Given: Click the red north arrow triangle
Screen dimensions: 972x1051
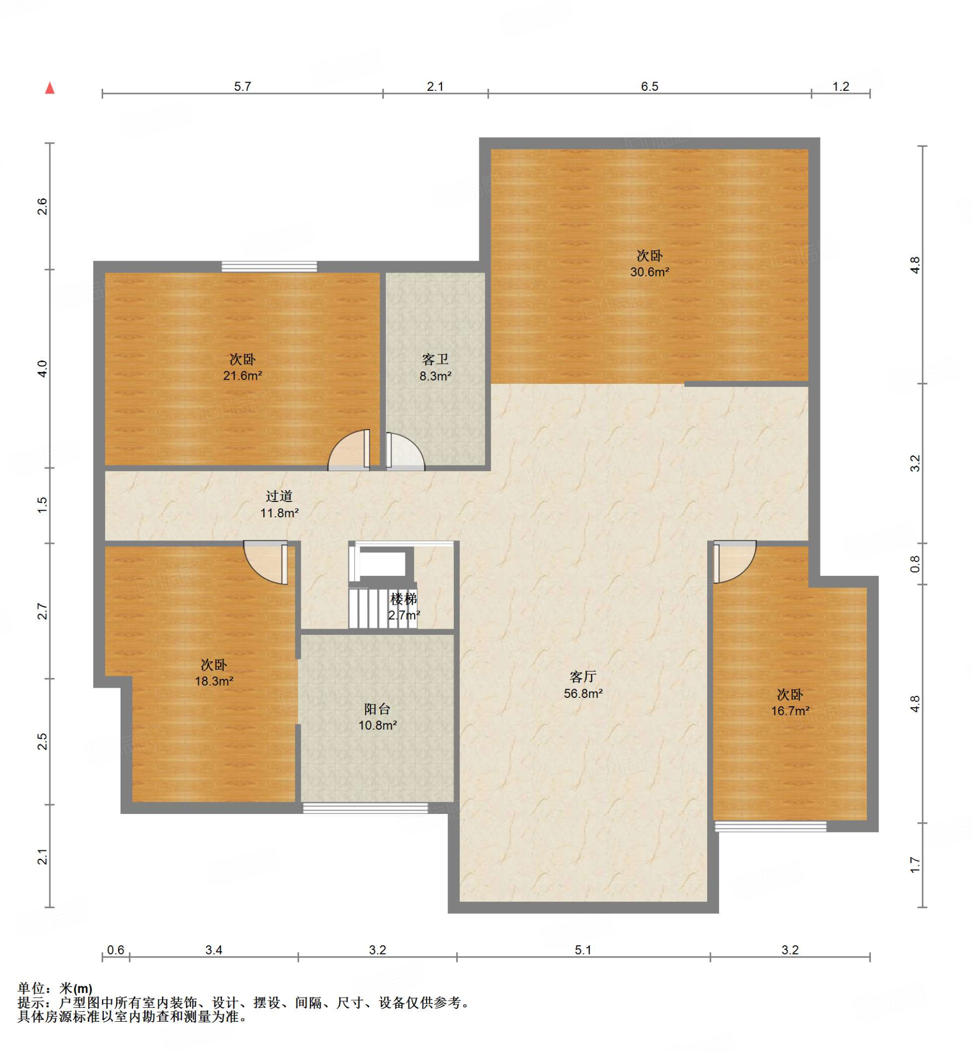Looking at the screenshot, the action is coord(50,88).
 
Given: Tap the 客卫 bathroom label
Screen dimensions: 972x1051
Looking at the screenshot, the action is coord(435,359).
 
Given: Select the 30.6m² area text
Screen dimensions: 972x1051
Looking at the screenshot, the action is coord(650,272).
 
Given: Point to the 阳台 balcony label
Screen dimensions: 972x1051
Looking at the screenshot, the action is coord(377,709).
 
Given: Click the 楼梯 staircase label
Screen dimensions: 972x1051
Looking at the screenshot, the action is coord(403,598).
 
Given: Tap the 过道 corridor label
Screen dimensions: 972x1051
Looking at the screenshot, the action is coord(279,496).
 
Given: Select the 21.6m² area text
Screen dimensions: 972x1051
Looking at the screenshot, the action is coord(242,376).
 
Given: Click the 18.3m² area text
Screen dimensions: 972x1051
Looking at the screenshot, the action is coord(214,681).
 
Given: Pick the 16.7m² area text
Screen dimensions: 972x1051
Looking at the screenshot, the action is coord(790,711).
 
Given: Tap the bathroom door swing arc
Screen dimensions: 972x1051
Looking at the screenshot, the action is coord(405,450).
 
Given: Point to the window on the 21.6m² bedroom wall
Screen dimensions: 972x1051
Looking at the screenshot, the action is coord(269,267).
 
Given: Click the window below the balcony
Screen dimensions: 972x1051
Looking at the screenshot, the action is coord(365,807).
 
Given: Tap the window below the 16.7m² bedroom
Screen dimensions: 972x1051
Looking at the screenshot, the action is coord(770,826).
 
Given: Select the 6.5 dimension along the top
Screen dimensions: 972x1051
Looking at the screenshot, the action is coord(650,86).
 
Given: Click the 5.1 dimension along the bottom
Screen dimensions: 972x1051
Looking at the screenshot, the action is coord(583,950).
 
